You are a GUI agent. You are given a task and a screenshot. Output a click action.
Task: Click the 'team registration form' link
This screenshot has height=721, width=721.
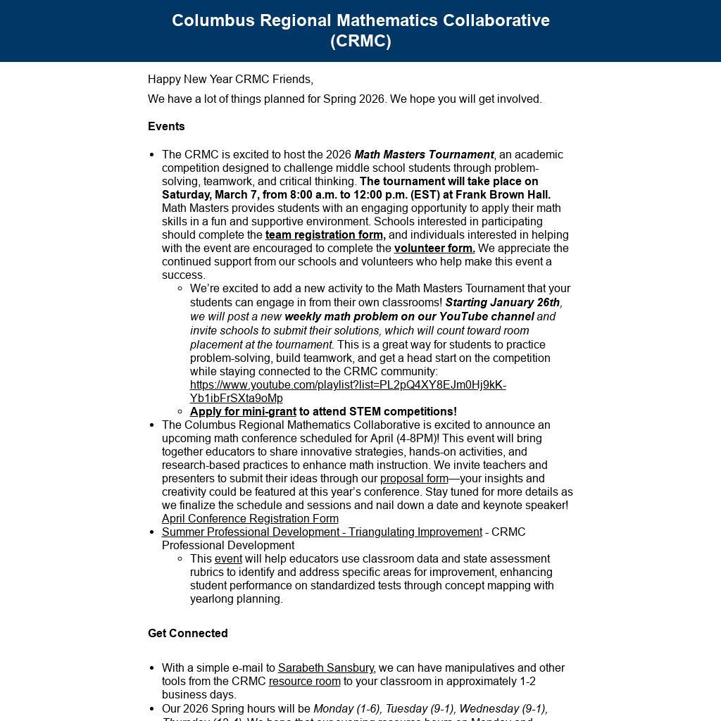325,235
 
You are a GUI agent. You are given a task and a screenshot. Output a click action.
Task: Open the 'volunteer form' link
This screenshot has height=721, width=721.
434,249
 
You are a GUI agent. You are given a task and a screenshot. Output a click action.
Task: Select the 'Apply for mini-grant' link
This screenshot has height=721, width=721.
243,412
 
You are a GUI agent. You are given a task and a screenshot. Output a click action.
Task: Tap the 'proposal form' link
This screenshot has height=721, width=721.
414,479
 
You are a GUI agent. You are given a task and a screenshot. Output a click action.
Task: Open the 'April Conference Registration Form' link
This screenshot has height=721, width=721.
250,519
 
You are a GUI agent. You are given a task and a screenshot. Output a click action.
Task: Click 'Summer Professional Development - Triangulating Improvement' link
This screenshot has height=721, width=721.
322,532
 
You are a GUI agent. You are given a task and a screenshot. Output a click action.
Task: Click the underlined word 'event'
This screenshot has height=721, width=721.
228,559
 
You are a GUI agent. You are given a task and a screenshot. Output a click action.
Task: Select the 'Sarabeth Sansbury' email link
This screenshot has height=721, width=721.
326,668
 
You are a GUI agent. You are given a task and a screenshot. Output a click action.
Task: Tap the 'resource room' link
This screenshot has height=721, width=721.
304,682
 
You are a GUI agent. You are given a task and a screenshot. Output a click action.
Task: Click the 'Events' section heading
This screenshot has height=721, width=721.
166,127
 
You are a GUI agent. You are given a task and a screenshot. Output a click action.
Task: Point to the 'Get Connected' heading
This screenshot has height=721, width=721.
187,634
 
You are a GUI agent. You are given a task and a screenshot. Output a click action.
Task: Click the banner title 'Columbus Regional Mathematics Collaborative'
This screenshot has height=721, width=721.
360,20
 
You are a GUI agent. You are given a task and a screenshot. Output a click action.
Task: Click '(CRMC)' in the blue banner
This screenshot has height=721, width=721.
360,41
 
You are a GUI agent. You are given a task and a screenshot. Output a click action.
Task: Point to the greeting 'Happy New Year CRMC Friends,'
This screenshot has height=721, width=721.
230,80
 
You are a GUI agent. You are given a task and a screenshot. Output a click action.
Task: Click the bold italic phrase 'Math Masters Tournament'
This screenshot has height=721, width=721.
424,155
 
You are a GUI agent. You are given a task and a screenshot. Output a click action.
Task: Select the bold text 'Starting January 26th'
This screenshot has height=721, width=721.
503,303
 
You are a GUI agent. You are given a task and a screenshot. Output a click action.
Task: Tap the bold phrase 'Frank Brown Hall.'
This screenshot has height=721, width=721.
503,195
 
